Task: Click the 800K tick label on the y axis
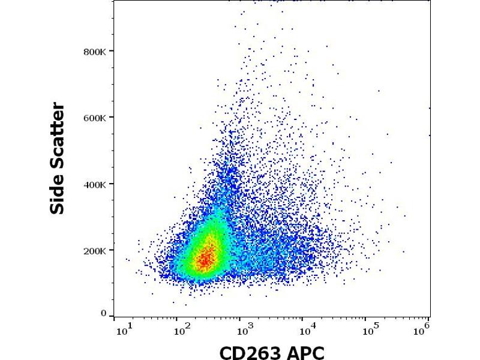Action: (x=97, y=52)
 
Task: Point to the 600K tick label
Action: (x=97, y=118)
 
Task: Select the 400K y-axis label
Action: (x=97, y=184)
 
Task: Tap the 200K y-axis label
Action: (x=97, y=250)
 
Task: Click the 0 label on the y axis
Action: (x=104, y=313)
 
